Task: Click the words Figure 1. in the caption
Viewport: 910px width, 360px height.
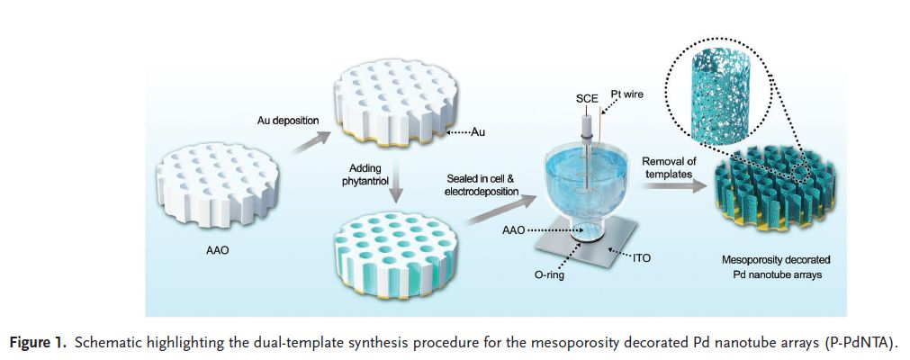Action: click(41, 343)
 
